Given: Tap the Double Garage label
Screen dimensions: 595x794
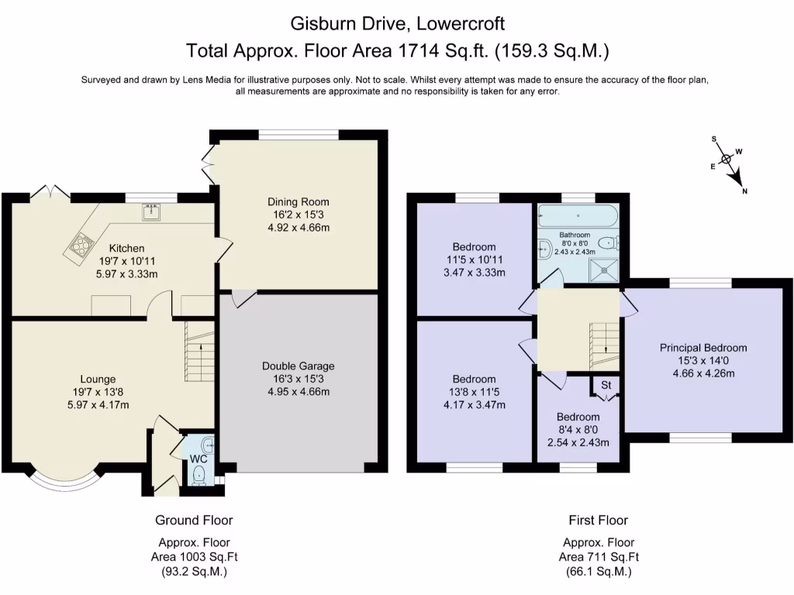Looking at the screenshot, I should pyautogui.click(x=299, y=366).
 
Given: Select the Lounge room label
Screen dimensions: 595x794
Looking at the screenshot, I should pyautogui.click(x=97, y=379).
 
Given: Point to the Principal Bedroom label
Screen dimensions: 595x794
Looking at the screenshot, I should pyautogui.click(x=703, y=348).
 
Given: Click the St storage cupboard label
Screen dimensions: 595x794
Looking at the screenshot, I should pyautogui.click(x=606, y=383).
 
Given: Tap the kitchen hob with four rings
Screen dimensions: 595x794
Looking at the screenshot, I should pyautogui.click(x=81, y=245).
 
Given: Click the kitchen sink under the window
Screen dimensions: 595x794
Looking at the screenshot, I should pyautogui.click(x=150, y=211).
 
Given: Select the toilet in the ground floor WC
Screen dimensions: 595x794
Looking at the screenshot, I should pyautogui.click(x=199, y=474).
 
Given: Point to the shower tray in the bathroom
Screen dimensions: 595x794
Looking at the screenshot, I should pyautogui.click(x=604, y=267).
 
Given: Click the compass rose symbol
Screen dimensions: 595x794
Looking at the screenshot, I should pyautogui.click(x=727, y=161).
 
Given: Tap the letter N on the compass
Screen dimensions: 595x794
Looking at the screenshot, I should pyautogui.click(x=744, y=191).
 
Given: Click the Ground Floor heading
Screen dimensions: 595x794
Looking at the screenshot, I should pyautogui.click(x=193, y=520).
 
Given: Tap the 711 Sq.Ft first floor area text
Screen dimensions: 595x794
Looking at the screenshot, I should pyautogui.click(x=599, y=556).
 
